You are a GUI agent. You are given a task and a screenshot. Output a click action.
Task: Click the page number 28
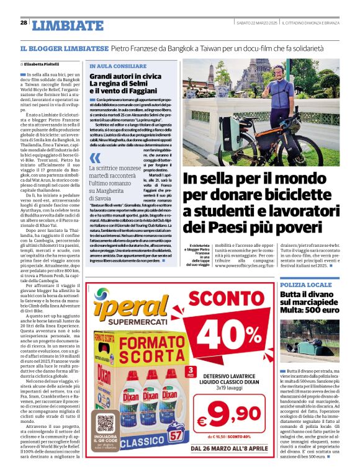(x=24, y=23)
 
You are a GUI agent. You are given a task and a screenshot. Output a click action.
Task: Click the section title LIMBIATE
(x=68, y=25)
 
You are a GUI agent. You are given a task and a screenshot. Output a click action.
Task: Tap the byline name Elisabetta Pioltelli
(x=43, y=63)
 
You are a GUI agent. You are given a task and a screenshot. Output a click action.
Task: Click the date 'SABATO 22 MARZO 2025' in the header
(x=256, y=23)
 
